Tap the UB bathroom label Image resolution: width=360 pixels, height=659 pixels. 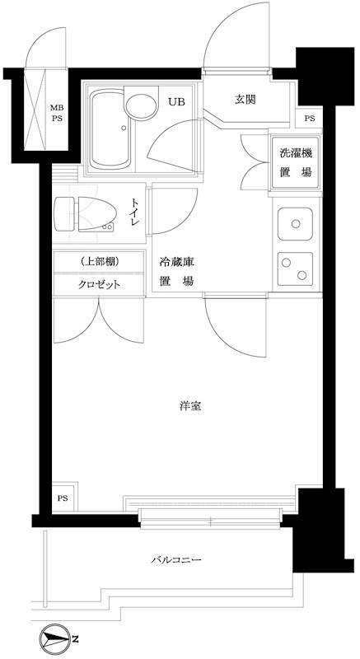(x=177, y=102)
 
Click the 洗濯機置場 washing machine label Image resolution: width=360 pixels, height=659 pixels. (x=296, y=162)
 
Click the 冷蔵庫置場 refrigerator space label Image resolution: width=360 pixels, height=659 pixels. (x=176, y=272)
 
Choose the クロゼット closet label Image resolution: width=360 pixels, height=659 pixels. (x=101, y=284)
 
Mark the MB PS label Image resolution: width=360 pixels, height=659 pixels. (x=57, y=114)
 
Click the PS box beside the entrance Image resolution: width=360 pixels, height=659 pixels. (x=309, y=119)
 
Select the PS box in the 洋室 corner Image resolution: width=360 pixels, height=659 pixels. (x=63, y=498)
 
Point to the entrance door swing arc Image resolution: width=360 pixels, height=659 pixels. (x=232, y=41)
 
